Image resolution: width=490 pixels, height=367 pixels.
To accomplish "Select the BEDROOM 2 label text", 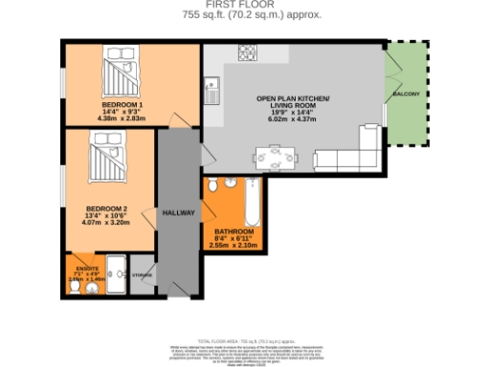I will point(105,209).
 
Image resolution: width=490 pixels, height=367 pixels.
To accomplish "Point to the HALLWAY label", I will point(179,212).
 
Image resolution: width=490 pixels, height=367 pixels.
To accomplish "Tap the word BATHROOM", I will point(234,231).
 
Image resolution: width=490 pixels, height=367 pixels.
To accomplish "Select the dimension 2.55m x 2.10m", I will point(234,247).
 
